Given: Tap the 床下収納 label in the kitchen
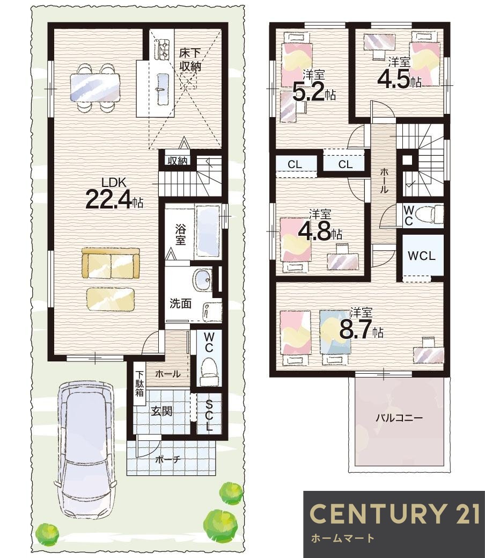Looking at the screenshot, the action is coord(190,60).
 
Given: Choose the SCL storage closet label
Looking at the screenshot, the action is coord(209,415).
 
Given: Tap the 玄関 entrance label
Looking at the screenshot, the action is coord(162,411).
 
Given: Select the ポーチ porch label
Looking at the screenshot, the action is coord(168,459).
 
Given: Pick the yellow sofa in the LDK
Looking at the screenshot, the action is coord(111,263).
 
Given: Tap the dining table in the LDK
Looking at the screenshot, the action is coord(94,87).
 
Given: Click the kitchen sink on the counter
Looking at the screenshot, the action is coord(163,89).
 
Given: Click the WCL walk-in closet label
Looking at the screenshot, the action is coord(422,256).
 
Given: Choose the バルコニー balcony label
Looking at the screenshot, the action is coord(399,417).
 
